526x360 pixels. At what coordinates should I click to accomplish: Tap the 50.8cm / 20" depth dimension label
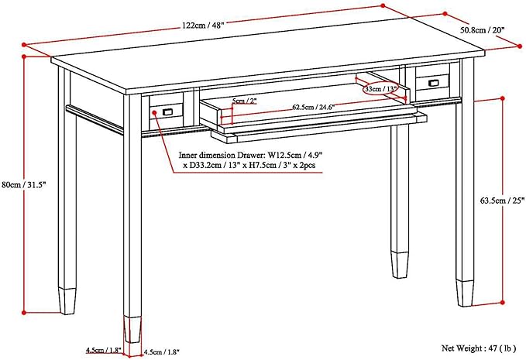click(482, 30)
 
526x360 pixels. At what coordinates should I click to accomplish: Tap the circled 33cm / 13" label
click(381, 89)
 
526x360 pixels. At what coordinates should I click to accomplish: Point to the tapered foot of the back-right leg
click(400, 262)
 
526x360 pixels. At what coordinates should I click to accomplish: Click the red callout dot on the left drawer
click(155, 111)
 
